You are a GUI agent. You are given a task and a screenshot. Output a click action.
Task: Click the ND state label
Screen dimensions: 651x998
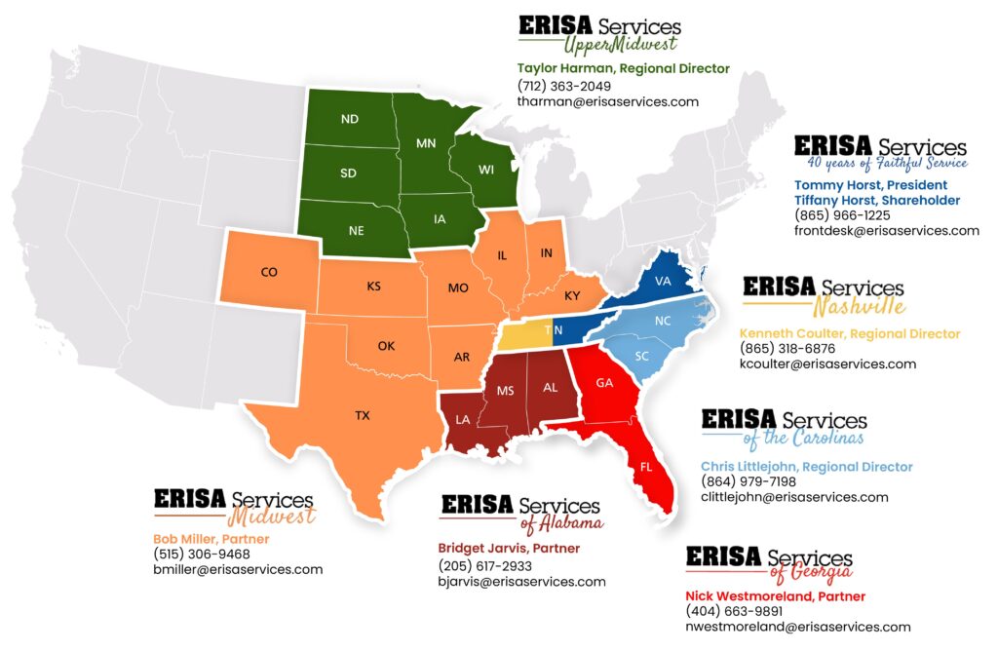(349, 120)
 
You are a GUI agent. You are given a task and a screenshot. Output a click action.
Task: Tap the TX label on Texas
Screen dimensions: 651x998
(362, 415)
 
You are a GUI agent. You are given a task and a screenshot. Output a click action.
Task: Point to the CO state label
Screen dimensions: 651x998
(269, 273)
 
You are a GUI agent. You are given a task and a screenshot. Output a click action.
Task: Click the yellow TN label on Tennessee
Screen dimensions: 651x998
(553, 330)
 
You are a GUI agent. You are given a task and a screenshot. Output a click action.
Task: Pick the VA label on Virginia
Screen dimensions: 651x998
(664, 281)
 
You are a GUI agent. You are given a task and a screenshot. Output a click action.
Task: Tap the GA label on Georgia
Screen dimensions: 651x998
(604, 383)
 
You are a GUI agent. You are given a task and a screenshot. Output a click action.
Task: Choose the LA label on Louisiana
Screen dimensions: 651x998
(462, 420)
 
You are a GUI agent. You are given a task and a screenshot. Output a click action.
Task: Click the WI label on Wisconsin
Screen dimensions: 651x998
(486, 171)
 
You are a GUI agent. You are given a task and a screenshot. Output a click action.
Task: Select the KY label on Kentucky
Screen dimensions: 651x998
(573, 294)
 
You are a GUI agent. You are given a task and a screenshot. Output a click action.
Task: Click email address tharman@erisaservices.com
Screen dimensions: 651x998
(607, 101)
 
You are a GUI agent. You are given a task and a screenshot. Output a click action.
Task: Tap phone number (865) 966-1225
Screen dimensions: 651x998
(842, 215)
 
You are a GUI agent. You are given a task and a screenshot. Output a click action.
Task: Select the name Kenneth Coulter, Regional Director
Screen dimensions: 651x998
(850, 334)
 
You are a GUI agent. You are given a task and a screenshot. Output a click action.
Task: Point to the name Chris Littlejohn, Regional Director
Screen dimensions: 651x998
(806, 467)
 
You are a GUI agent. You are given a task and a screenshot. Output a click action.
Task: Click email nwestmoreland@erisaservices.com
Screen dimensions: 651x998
(797, 627)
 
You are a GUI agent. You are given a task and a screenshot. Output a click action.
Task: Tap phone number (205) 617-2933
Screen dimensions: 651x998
(484, 565)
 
